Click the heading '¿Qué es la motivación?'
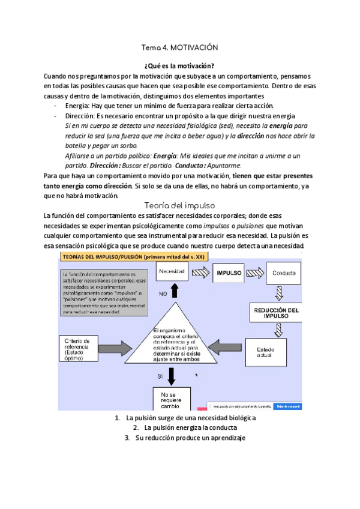point(179,65)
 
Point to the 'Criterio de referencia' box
point(80,347)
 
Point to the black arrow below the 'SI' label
point(172,376)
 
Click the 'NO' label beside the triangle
point(163,294)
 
